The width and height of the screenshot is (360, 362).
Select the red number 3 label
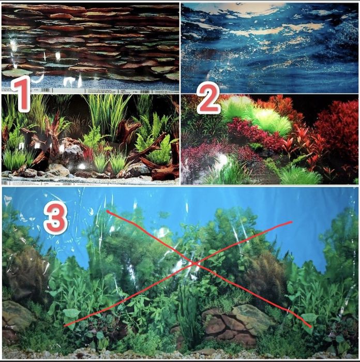pos(56,219)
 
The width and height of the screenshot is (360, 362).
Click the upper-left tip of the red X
pos(107,211)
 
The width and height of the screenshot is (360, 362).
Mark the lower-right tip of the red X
pos(311,326)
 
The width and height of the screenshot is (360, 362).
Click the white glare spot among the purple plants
pos(222,159)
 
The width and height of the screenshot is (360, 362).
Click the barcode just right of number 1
pos(47,90)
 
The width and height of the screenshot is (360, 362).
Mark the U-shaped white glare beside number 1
pos(38,78)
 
